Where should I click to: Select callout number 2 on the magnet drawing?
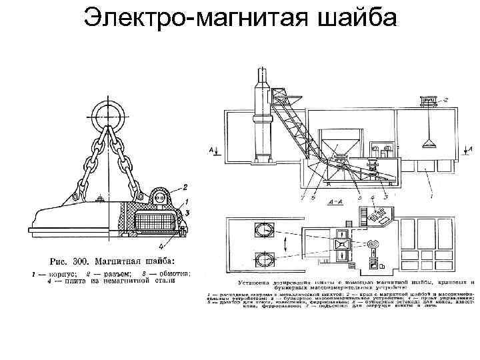coord(185,187)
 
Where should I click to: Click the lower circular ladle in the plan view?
coord(264,257)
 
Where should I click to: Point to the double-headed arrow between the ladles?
coord(287,243)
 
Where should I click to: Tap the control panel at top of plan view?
coord(381,216)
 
